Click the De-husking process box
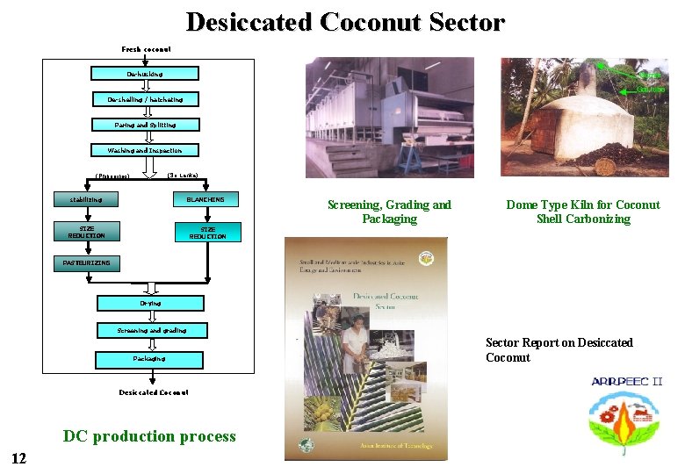145,74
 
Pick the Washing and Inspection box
145,150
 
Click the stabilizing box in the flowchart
86,199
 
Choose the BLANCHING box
205,199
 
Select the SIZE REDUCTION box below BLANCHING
207,233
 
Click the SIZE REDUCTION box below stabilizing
86,232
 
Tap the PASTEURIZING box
86,262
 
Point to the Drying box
150,303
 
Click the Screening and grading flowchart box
151,330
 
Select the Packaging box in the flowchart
149,359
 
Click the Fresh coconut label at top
146,49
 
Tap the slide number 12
19,457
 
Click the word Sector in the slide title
460,22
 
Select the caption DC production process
149,436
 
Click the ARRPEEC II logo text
626,382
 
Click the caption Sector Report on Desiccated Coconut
559,349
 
